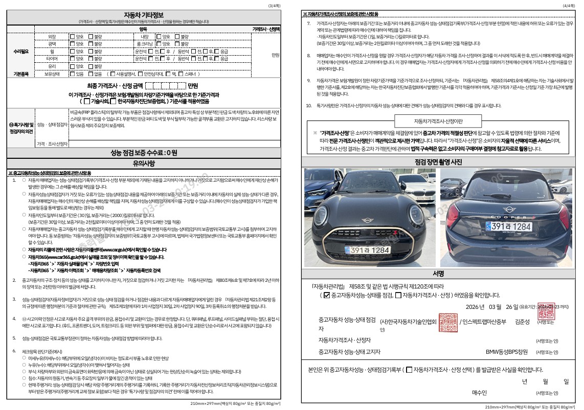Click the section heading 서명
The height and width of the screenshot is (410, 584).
438,273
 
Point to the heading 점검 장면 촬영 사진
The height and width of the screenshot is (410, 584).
438,162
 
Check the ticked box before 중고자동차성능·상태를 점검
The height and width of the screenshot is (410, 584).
327,295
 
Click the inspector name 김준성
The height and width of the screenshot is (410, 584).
522,322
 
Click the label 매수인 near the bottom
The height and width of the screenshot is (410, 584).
479,392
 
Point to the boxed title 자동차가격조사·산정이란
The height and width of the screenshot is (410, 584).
438,121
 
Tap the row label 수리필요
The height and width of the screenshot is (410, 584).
20,52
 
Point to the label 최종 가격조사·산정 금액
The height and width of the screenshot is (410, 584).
115,85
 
